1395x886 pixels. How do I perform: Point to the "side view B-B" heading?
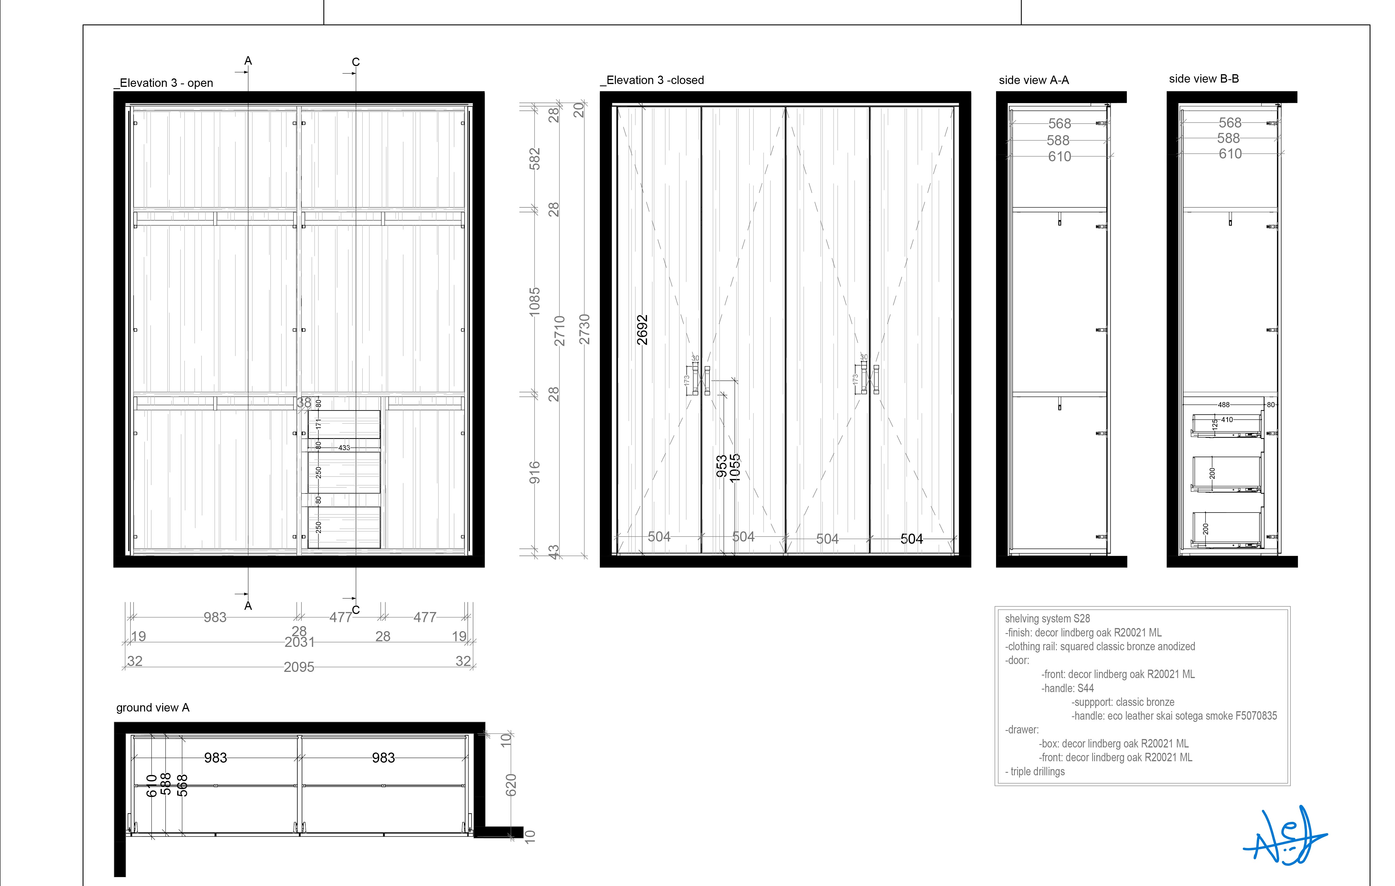coord(1204,79)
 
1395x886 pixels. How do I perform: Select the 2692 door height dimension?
coord(642,330)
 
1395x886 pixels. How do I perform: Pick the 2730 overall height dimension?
coord(585,329)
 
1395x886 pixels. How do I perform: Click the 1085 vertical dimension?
coord(534,302)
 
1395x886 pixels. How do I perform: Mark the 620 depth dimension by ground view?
coord(511,785)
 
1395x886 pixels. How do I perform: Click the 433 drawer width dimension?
coord(344,448)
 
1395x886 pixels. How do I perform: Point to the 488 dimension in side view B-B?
coord(1223,405)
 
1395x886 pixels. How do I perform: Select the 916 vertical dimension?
coord(534,473)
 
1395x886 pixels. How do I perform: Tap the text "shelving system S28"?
coord(1047,618)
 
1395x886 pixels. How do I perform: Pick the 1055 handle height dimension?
coord(734,468)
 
